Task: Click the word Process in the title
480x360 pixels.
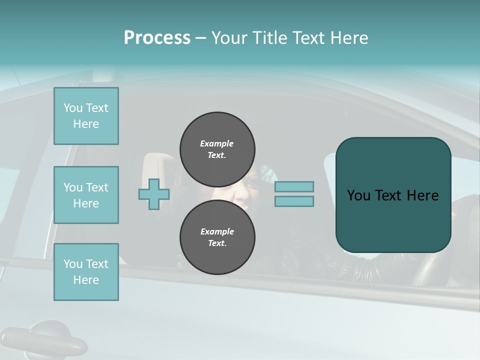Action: pyautogui.click(x=157, y=38)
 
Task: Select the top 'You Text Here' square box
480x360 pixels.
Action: pyautogui.click(x=86, y=116)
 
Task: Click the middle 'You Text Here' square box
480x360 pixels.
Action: pyautogui.click(x=86, y=195)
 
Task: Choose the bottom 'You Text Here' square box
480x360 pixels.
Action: pyautogui.click(x=86, y=272)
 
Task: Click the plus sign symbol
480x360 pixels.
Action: pyautogui.click(x=154, y=194)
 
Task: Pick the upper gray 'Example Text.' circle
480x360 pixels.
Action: pyautogui.click(x=217, y=149)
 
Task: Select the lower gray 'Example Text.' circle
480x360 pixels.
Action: pyautogui.click(x=217, y=237)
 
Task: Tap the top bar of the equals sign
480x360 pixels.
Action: pyautogui.click(x=294, y=187)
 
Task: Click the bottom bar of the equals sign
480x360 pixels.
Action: pyautogui.click(x=294, y=201)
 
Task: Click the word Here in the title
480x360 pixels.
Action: pyautogui.click(x=350, y=38)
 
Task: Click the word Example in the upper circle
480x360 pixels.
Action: pyautogui.click(x=217, y=143)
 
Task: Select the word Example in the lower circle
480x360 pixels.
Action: pyautogui.click(x=217, y=231)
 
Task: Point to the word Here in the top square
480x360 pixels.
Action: pyautogui.click(x=86, y=124)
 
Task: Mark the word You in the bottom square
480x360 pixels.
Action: pyautogui.click(x=72, y=264)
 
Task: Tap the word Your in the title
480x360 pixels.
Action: pyautogui.click(x=229, y=38)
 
